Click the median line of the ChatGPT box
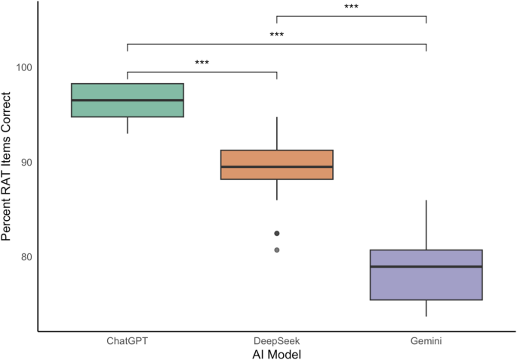[x=128, y=100]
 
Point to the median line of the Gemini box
[x=426, y=266]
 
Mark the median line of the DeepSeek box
[x=276, y=166]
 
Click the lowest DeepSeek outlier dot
[x=276, y=250]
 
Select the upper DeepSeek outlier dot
[x=276, y=233]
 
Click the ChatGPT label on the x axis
[x=128, y=340]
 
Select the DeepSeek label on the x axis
[x=276, y=340]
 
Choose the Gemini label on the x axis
[x=426, y=340]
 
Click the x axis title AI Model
[x=276, y=353]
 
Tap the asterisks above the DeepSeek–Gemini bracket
[x=351, y=8]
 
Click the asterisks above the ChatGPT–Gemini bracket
[x=276, y=36]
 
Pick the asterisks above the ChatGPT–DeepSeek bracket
[x=202, y=64]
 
